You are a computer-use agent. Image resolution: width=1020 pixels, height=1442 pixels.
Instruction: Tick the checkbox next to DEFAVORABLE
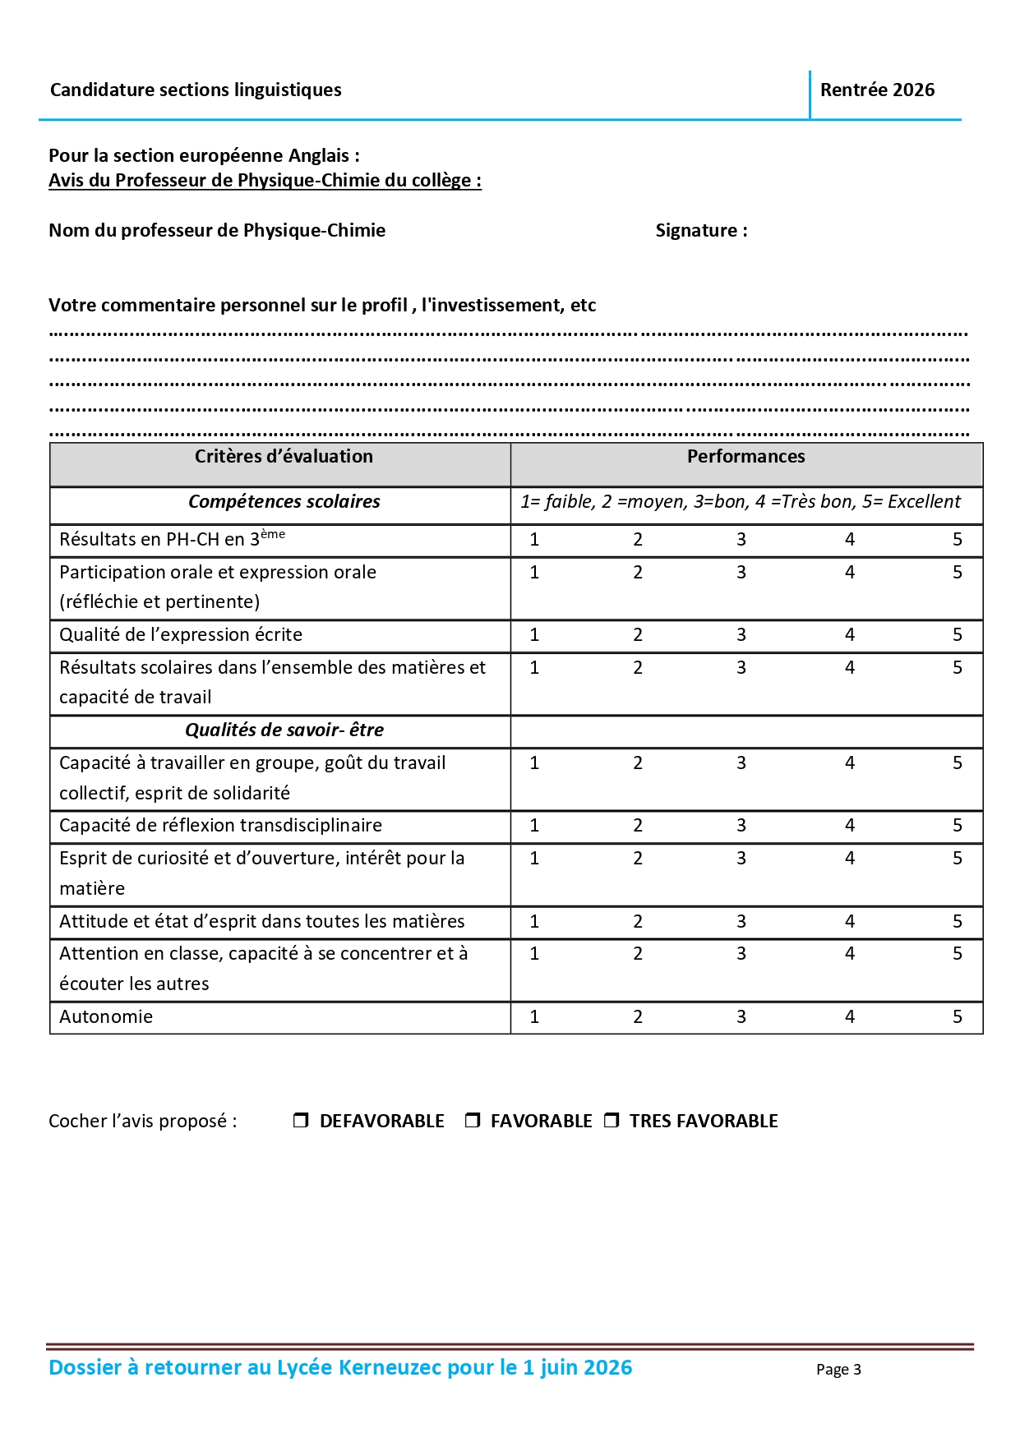[301, 1120]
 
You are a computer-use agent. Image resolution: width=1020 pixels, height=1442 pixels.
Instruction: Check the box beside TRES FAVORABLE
[612, 1120]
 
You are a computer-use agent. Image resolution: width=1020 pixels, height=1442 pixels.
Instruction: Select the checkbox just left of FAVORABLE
[473, 1120]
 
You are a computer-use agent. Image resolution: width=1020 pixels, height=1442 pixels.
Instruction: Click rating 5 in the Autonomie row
[957, 1017]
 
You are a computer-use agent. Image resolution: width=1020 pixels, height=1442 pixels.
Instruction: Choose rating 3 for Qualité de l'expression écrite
[741, 635]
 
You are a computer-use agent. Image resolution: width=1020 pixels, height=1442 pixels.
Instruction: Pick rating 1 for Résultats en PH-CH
[534, 540]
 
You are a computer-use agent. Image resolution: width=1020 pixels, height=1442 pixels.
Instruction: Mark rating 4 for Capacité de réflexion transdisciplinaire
[849, 826]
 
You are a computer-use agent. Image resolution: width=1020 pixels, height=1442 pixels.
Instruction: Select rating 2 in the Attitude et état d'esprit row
[637, 922]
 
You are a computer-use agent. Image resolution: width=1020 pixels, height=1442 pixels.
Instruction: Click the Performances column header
[745, 457]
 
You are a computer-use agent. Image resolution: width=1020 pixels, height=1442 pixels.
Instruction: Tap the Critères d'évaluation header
[284, 457]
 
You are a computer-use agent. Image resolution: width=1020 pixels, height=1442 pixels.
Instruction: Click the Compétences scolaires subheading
[284, 502]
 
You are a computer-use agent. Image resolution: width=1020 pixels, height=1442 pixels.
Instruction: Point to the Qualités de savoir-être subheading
[284, 730]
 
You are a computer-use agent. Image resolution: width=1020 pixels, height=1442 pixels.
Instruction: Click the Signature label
[701, 231]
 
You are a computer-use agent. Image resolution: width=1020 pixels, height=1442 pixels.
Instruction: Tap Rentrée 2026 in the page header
[877, 90]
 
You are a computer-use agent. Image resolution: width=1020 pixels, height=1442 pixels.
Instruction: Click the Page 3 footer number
[838, 1370]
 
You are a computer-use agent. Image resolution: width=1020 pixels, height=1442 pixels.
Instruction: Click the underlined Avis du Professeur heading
[265, 181]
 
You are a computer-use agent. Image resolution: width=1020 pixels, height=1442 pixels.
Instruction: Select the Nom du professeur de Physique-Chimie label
[217, 231]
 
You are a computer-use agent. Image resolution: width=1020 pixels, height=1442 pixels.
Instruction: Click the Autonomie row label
[106, 1017]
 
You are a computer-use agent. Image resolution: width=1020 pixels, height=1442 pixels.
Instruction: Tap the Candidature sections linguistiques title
[196, 90]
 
